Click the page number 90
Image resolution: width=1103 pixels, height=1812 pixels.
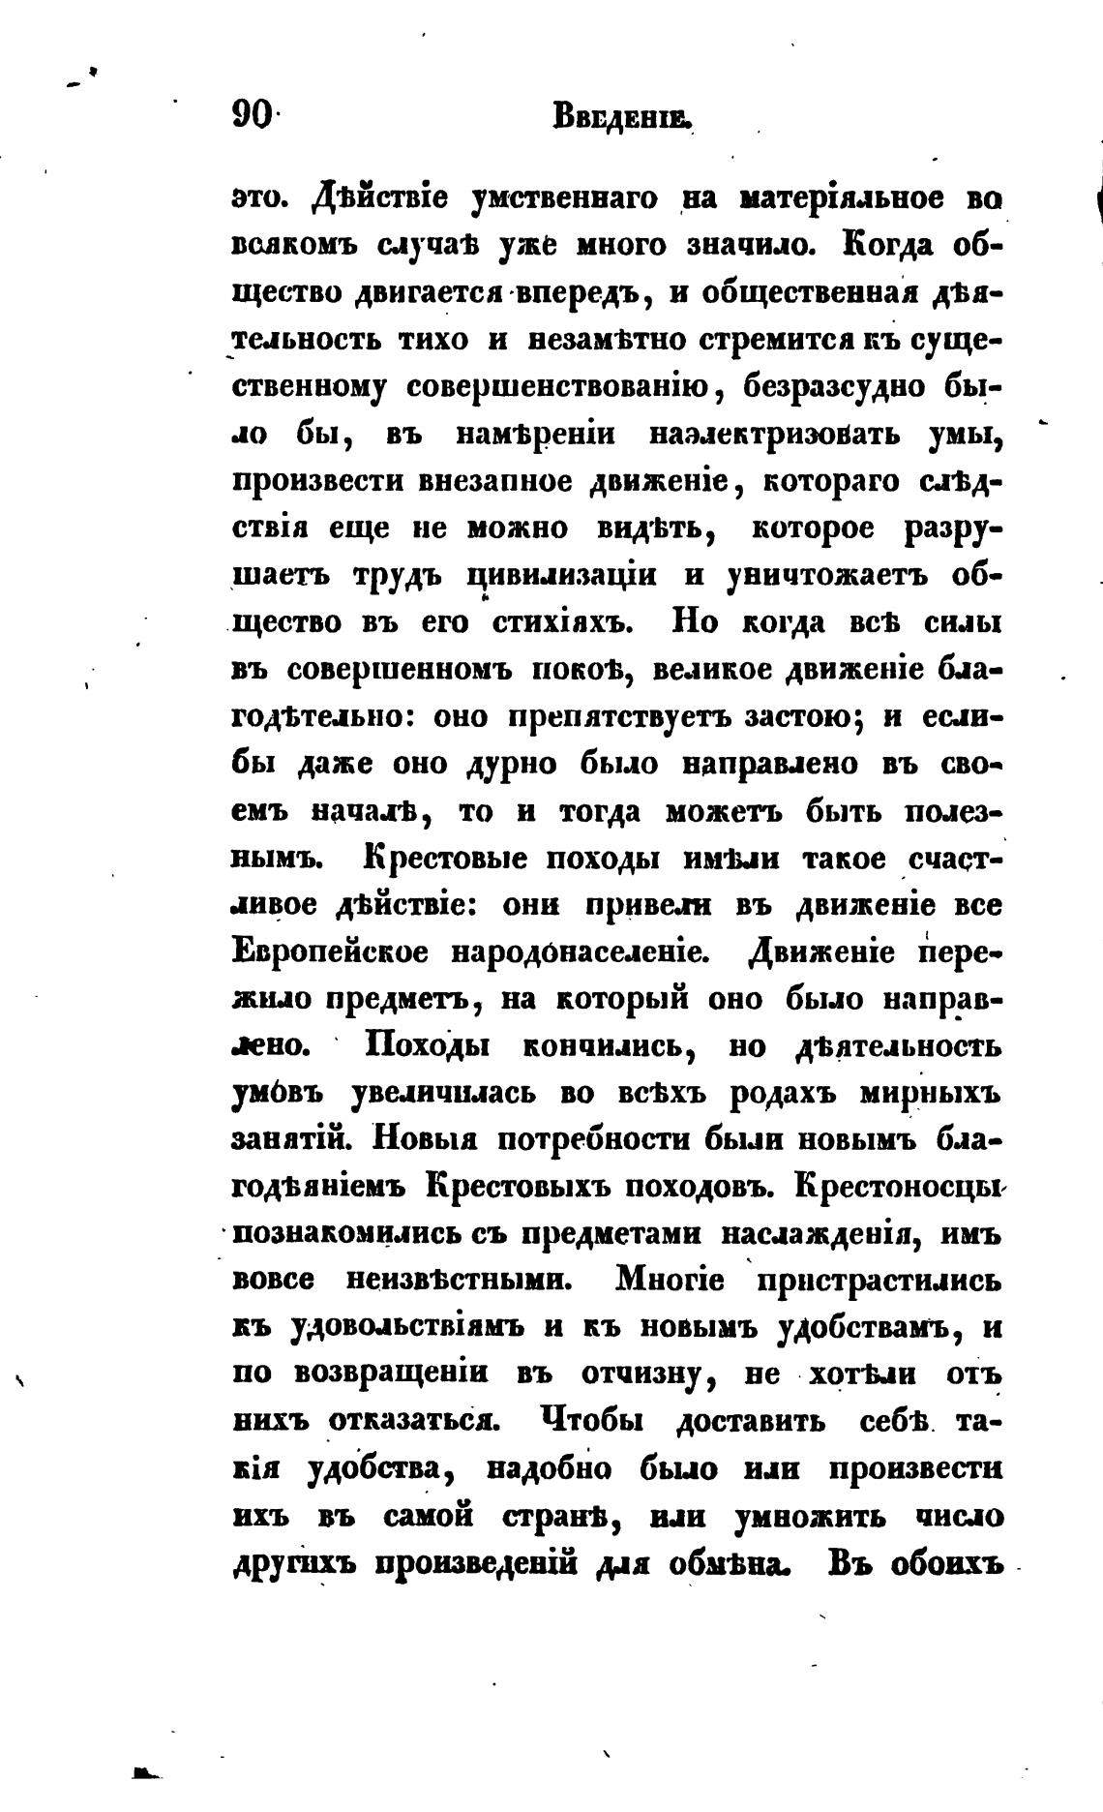pyautogui.click(x=253, y=117)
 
